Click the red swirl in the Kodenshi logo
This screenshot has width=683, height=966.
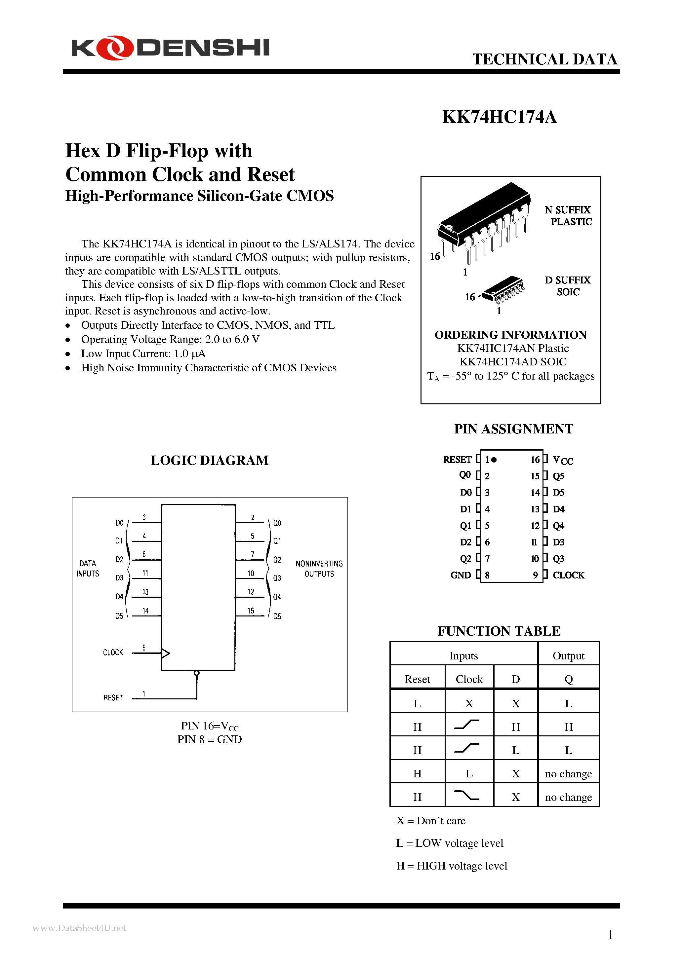pos(114,48)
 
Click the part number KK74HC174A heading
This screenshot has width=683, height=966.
pos(500,117)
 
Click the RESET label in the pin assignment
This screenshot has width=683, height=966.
pos(457,460)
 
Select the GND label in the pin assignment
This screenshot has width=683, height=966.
pos(460,575)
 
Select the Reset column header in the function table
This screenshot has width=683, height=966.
pos(417,679)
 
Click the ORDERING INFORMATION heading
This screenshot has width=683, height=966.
pos(510,335)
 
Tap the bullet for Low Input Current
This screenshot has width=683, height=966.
pos(68,354)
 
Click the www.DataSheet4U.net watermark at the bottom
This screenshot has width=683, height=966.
pos(79,928)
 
